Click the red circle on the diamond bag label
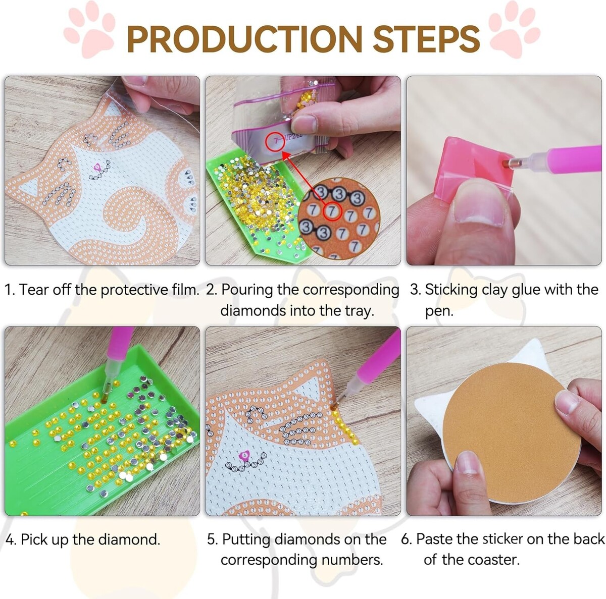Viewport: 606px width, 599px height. click(x=275, y=141)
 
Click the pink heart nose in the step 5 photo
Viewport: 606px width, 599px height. click(x=244, y=455)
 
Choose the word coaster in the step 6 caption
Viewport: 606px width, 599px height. click(x=493, y=560)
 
